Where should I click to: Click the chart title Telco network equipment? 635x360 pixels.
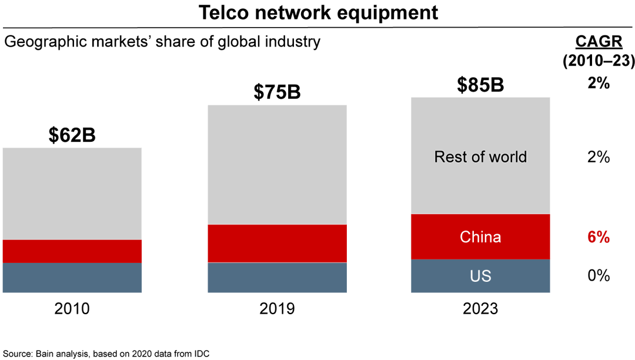(x=317, y=12)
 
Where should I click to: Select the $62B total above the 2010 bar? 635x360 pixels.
(x=72, y=135)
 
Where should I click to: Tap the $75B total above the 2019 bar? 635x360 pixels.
(x=277, y=92)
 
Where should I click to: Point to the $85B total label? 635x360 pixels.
(x=480, y=84)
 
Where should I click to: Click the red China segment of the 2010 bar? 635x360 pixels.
(x=72, y=251)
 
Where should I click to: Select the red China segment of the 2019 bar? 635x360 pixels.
(x=277, y=243)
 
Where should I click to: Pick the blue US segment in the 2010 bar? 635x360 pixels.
(x=72, y=278)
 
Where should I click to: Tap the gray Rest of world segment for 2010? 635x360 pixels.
(x=72, y=194)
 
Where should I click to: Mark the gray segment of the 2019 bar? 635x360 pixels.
(x=277, y=165)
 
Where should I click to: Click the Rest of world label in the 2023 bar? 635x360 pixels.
(x=480, y=157)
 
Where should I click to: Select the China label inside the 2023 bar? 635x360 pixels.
(x=480, y=237)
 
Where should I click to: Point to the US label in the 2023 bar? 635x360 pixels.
(x=480, y=276)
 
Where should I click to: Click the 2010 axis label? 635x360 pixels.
(x=72, y=308)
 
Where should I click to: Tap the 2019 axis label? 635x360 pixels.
(x=277, y=308)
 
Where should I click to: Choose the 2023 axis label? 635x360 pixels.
(x=480, y=308)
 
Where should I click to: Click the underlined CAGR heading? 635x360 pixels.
(x=598, y=42)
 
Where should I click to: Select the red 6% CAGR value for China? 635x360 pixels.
(x=598, y=238)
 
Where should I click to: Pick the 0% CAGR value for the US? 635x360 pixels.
(x=598, y=275)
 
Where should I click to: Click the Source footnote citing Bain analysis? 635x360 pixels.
(x=105, y=354)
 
